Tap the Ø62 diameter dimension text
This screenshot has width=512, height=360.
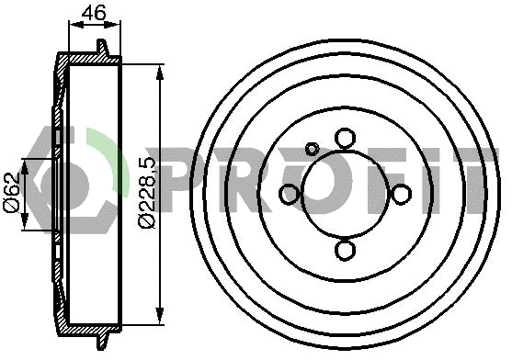(12, 196)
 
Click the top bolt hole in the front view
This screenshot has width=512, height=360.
(345, 138)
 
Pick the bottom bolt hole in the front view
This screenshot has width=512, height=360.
(345, 249)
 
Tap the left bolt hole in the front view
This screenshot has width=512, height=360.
(289, 194)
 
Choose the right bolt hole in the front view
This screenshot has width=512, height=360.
(401, 194)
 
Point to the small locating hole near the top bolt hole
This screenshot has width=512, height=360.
(313, 149)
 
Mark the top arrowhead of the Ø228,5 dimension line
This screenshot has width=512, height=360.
(162, 70)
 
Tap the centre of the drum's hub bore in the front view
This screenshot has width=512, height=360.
(345, 194)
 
